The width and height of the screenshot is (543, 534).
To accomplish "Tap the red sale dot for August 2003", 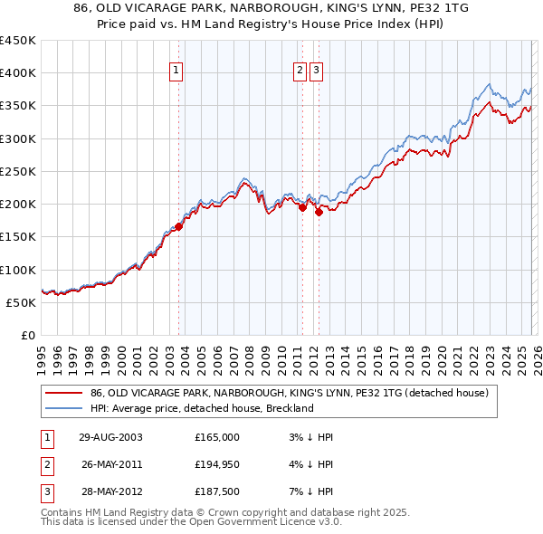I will (179, 227).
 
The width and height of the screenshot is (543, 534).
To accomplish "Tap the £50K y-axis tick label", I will (22, 302).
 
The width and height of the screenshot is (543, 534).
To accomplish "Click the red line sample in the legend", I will (64, 393).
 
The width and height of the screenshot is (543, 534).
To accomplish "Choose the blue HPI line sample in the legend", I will (64, 408).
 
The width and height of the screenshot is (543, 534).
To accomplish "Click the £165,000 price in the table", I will (216, 436).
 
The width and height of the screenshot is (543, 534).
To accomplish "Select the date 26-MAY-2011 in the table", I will (112, 464).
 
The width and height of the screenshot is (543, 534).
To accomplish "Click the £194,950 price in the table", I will (216, 464).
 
